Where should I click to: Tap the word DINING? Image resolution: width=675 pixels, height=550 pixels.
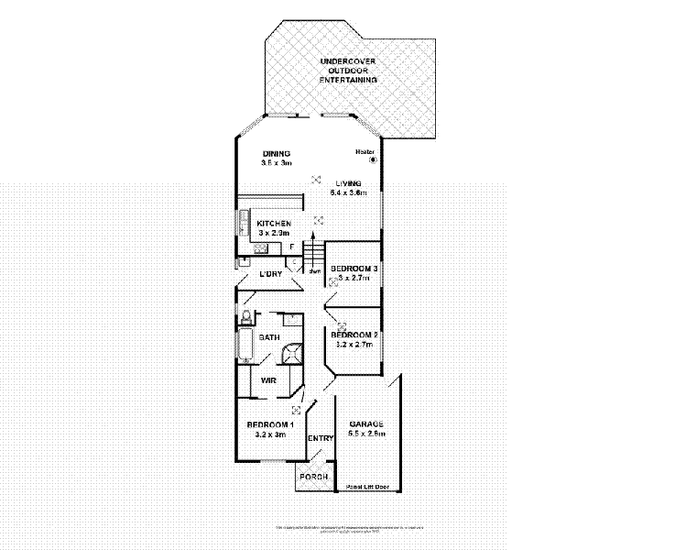tap(276, 153)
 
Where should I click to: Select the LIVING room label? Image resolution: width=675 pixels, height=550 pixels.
tap(349, 183)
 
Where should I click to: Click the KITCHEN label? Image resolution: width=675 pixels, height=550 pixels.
tap(274, 224)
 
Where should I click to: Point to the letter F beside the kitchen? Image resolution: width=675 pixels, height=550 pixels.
tap(292, 247)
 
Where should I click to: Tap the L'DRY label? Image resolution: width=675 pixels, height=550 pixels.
tap(270, 274)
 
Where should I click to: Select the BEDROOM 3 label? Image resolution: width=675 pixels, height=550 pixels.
tap(354, 268)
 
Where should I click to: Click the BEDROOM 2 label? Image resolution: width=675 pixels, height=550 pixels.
tap(354, 335)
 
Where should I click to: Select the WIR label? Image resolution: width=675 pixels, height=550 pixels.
tap(269, 379)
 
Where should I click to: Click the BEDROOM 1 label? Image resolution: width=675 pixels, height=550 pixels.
tap(270, 424)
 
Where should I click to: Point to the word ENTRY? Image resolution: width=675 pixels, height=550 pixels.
tap(321, 439)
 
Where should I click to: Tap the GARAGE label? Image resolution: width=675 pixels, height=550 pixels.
tap(365, 424)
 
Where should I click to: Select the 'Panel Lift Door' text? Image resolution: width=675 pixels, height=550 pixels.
tap(367, 487)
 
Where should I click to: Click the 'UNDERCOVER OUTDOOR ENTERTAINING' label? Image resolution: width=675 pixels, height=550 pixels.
tap(347, 71)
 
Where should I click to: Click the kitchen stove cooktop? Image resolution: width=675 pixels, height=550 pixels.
tap(243, 223)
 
